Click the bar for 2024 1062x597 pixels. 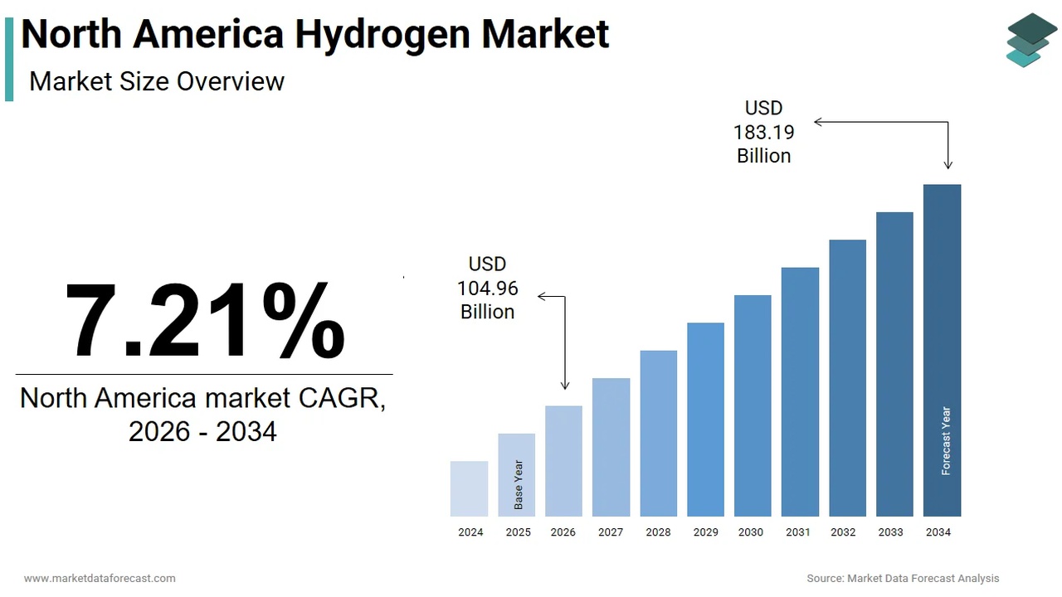point(469,488)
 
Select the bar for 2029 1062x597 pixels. point(705,419)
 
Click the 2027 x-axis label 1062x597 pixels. point(611,532)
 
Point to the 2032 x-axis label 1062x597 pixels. point(843,532)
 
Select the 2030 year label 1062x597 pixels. point(751,532)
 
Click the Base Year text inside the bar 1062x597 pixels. point(519,484)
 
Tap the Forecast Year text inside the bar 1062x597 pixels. point(946,440)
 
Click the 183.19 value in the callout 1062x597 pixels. point(763,132)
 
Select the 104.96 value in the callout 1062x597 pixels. point(488,288)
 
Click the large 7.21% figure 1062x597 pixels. point(204,321)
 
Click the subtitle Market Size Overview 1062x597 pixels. point(157,81)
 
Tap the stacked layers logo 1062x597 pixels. point(1031,39)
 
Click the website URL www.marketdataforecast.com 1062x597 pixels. point(100,578)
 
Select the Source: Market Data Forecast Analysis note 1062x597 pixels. point(903,578)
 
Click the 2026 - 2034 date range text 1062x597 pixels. point(202,431)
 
